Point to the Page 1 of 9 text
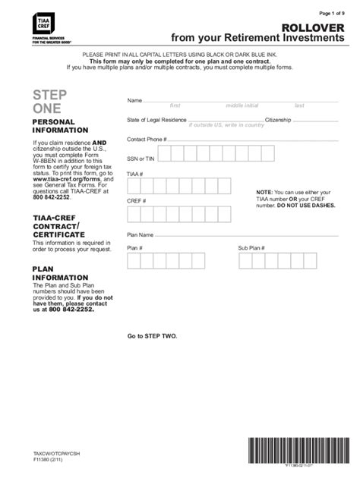point(336,13)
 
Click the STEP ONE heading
point(49,102)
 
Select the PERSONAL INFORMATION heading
point(54,126)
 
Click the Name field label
point(134,100)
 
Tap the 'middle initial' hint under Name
point(242,105)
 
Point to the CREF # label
point(136,201)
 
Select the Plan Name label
point(141,234)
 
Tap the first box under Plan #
point(134,262)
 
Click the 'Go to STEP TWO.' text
point(152,335)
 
